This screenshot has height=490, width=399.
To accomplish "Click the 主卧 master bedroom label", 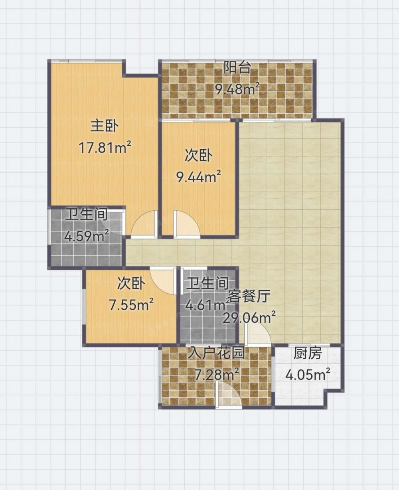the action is (x=105, y=126).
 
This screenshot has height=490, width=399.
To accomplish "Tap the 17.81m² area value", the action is (x=105, y=148).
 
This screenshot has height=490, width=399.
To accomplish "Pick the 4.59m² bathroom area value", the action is (x=87, y=236).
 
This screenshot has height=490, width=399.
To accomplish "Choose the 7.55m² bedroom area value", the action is (x=131, y=305).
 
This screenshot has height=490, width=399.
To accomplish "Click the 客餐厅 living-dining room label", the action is (x=249, y=296).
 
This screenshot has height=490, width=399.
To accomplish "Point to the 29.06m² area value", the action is (x=249, y=318).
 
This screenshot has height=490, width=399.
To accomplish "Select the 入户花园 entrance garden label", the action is (x=216, y=354).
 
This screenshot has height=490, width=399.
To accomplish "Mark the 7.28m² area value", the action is (x=217, y=374).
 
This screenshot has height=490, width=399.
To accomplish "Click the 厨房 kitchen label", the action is (x=308, y=354).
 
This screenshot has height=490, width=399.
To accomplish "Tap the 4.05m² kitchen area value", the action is (x=308, y=375).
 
